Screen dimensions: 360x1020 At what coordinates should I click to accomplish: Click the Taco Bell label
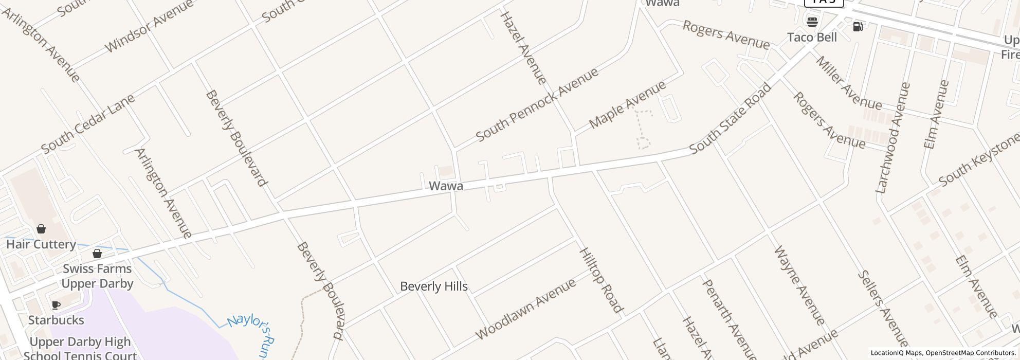click(812, 38)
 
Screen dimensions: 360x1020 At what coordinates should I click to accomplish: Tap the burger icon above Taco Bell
click(812, 22)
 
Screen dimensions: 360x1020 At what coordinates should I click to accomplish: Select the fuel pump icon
click(858, 26)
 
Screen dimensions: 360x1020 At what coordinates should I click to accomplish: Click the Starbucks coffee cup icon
click(56, 305)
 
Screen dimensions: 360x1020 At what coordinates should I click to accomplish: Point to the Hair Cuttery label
click(41, 244)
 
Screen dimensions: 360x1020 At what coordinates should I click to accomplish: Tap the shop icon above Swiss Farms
click(97, 254)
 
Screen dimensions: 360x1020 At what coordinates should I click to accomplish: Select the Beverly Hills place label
click(434, 286)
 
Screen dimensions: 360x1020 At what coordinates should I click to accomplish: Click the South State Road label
click(730, 118)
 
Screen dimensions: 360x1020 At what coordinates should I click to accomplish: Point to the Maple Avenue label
click(627, 105)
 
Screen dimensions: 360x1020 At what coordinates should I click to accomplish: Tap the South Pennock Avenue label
click(537, 104)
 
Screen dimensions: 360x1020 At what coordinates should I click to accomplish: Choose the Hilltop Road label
click(601, 280)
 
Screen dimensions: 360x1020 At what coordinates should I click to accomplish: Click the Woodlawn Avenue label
click(525, 310)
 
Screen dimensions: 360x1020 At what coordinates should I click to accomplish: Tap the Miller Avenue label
click(848, 83)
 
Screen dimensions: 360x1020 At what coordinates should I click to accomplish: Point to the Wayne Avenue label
click(799, 286)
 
